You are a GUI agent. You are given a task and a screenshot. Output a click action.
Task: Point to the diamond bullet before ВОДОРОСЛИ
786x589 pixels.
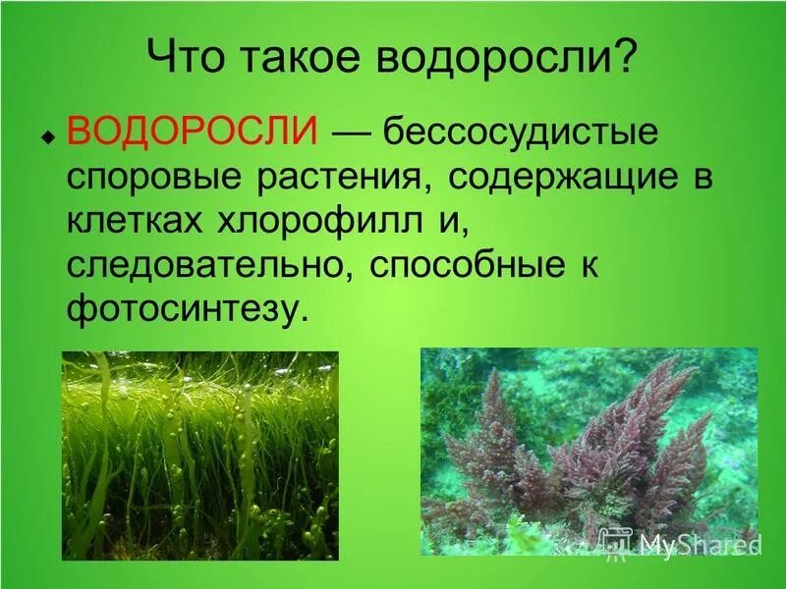(x=47, y=137)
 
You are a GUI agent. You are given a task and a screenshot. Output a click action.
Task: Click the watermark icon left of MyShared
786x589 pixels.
(x=615, y=541)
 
